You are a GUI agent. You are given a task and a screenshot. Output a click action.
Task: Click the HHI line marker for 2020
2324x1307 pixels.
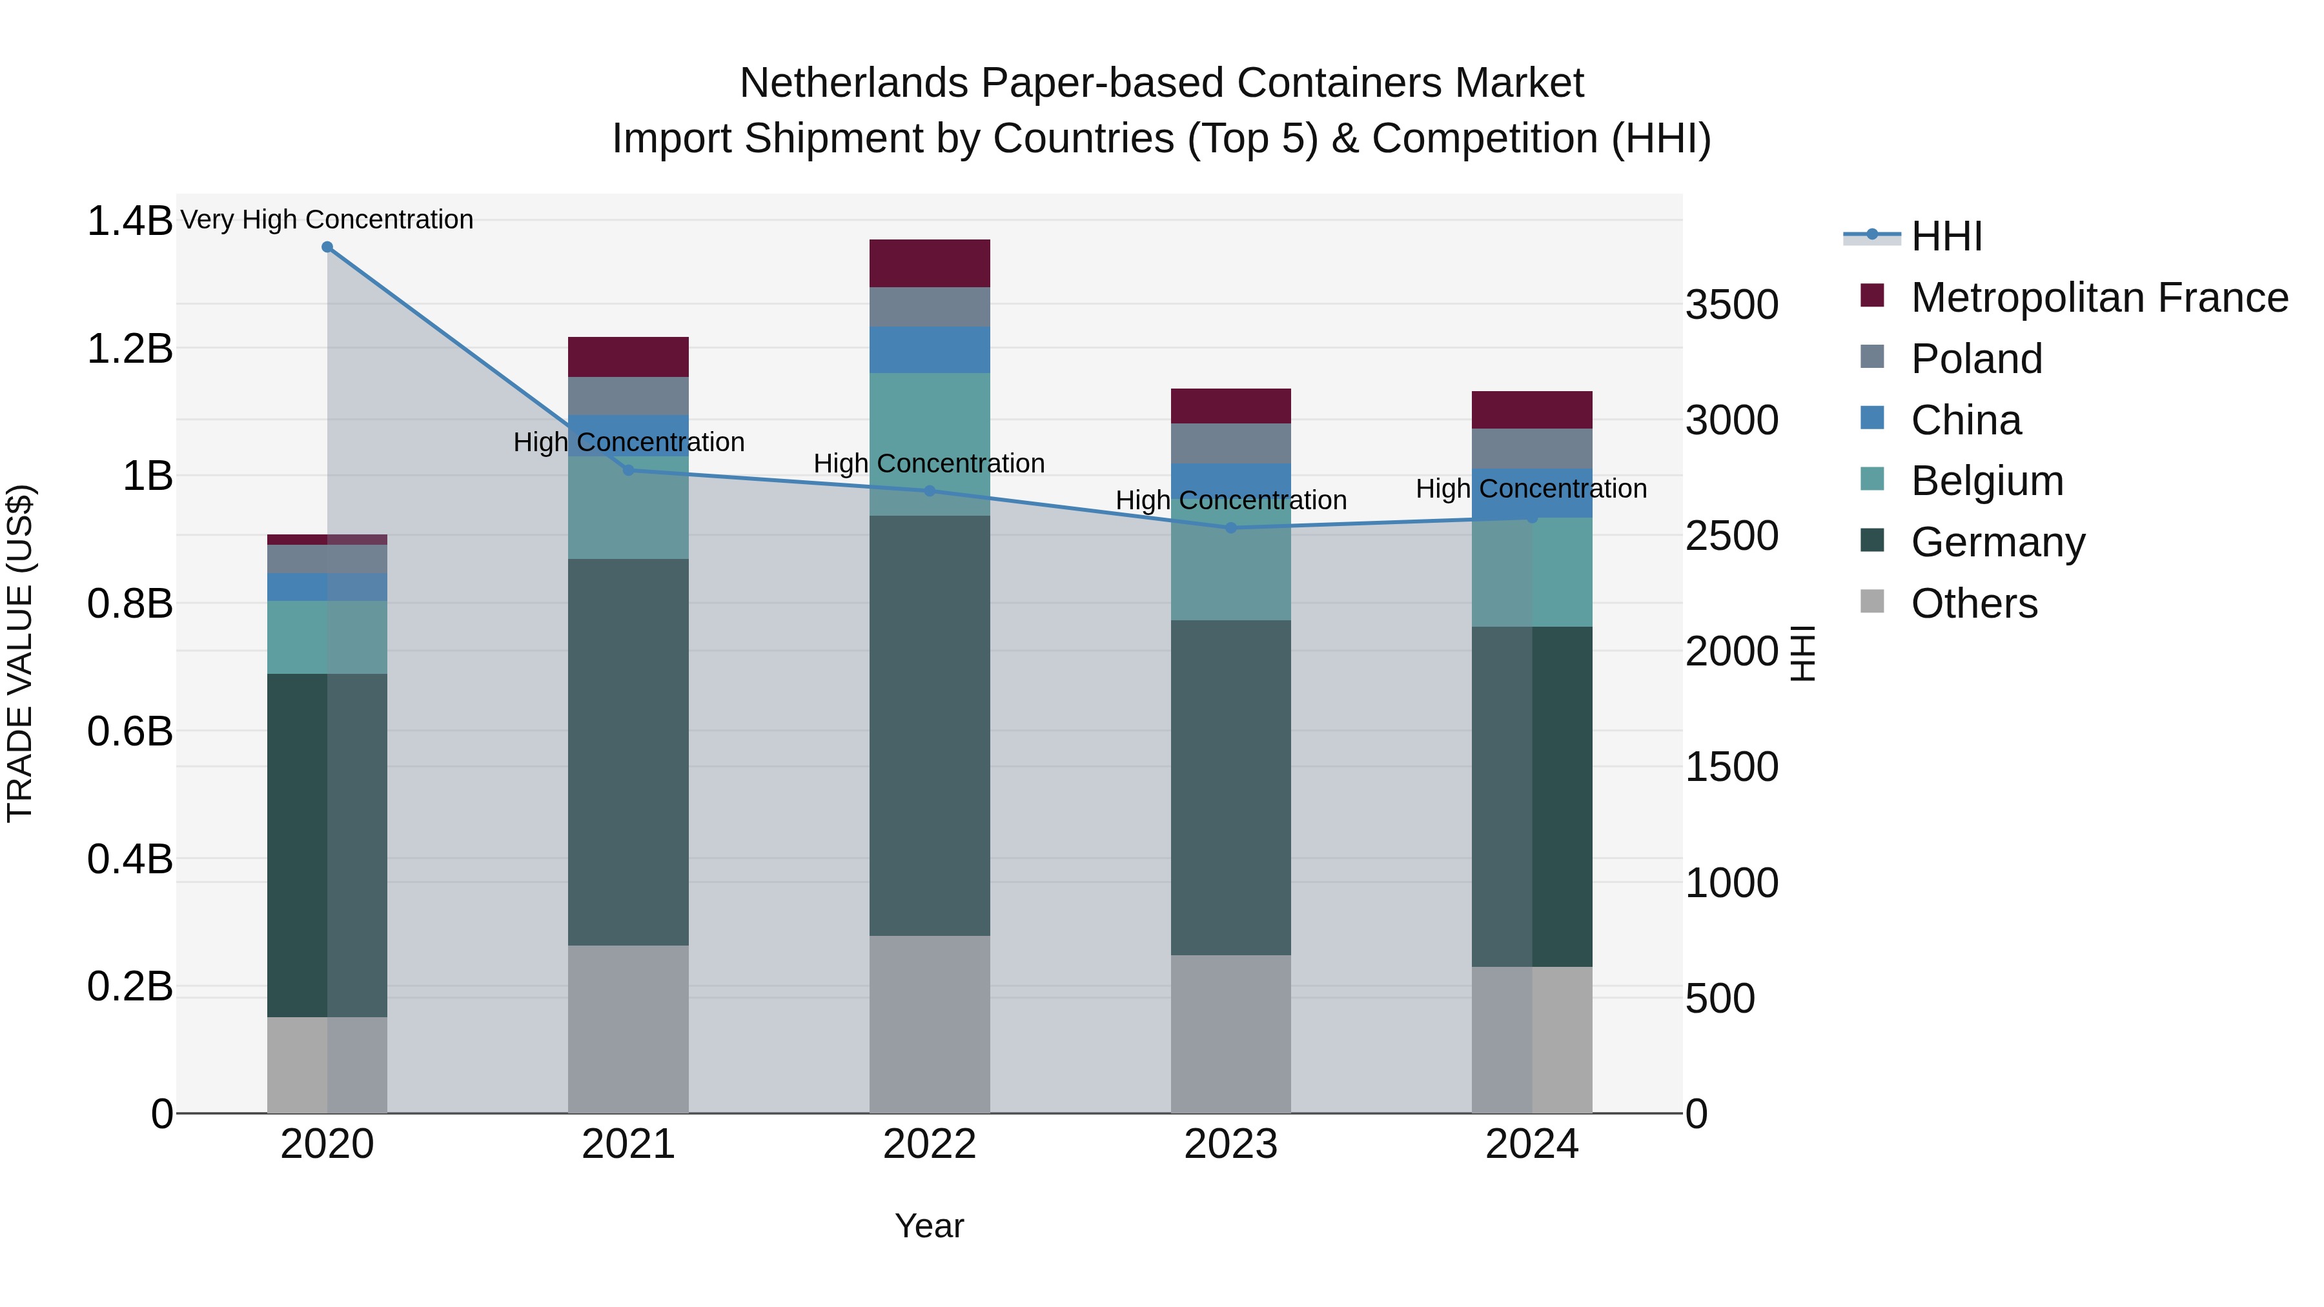(x=327, y=247)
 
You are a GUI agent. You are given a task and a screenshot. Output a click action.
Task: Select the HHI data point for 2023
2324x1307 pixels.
(x=1230, y=528)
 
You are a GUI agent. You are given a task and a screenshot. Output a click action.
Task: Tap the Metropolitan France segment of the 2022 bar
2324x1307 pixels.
(x=929, y=263)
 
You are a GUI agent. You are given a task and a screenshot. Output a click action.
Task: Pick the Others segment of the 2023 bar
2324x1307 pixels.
(x=1230, y=1034)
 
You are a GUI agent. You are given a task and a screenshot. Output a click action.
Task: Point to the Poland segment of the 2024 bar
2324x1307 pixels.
(x=1532, y=449)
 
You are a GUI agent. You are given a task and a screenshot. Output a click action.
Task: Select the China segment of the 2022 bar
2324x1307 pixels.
(x=929, y=350)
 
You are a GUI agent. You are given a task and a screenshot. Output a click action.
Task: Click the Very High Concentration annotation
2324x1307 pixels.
(x=327, y=219)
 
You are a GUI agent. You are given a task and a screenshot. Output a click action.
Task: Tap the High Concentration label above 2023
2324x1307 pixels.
(x=1230, y=500)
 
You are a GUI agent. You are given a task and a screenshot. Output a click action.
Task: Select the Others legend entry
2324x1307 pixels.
(x=1974, y=603)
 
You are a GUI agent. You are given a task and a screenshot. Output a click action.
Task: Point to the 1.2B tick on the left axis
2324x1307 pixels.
(x=129, y=348)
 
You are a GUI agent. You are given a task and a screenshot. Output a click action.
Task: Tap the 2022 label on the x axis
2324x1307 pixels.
(x=929, y=1144)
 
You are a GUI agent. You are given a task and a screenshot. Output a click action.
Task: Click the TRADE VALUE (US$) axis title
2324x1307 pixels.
(x=20, y=653)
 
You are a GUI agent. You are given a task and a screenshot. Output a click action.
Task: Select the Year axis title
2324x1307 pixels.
(x=929, y=1226)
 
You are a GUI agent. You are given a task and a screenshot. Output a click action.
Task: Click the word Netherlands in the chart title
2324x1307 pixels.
(x=853, y=83)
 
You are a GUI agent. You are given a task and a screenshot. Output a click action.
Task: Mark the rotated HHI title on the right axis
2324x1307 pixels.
(x=1802, y=653)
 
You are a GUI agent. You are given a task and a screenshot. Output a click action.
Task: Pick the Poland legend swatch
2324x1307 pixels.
(x=1872, y=356)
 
